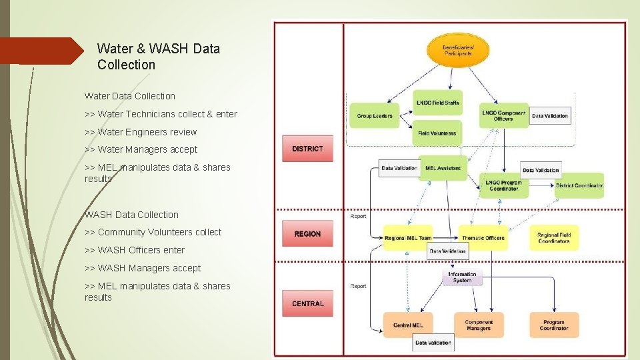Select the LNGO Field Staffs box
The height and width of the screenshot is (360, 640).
437,103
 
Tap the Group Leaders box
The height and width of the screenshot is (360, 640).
374,116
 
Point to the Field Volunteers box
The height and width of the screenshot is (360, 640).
437,133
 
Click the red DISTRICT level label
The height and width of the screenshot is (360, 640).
307,149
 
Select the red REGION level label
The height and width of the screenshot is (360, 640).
307,234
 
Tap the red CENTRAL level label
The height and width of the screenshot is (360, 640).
307,303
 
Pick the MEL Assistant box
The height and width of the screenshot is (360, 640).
443,168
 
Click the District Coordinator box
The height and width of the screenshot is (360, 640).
579,185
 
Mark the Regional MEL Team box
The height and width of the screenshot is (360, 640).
407,238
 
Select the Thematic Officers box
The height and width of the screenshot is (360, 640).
483,238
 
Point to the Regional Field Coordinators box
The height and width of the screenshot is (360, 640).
554,237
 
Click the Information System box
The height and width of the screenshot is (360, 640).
462,277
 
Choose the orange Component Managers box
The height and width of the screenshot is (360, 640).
479,325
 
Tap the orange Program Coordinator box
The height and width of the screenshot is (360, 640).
554,325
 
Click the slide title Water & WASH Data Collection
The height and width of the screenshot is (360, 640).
158,57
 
